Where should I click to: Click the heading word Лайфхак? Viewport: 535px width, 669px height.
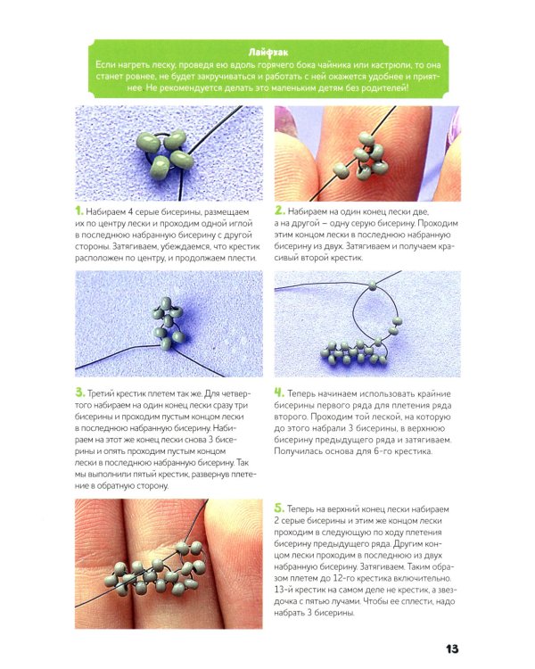coord(267,53)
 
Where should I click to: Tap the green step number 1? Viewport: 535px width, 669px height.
coord(78,211)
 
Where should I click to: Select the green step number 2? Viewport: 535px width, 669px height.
coord(279,211)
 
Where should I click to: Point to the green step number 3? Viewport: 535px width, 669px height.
coord(79,392)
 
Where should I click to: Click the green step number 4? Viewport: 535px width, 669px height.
coord(279,392)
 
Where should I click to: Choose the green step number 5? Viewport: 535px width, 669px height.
coord(279,508)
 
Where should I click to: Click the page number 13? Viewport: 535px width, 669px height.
coord(452,649)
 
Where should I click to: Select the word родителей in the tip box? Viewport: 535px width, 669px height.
coord(385,88)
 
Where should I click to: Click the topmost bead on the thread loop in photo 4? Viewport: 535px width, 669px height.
coord(373,285)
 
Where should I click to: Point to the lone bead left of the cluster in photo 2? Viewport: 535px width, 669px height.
coord(341,170)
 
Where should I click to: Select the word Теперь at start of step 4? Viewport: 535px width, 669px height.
coord(300,393)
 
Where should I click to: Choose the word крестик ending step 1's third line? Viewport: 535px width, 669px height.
coord(244,246)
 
